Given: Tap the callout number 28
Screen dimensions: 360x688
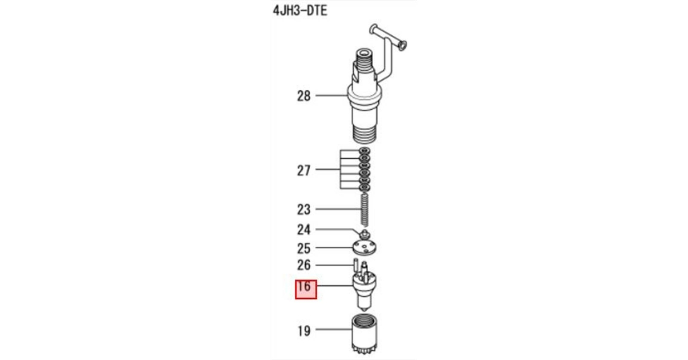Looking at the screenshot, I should (303, 96).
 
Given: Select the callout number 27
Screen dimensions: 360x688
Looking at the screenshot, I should (303, 170).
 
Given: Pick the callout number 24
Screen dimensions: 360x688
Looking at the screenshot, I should (303, 230).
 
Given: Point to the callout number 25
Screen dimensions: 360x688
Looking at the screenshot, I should (303, 249).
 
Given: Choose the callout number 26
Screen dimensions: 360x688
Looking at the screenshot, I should (303, 265).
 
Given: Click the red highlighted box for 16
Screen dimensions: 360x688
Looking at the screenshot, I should (306, 290).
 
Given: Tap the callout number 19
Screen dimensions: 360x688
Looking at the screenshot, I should (303, 330).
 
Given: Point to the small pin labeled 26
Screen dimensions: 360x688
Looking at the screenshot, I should (355, 265).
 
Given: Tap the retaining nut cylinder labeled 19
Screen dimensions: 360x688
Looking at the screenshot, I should (364, 333).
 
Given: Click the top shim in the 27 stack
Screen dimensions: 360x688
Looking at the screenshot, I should (363, 152).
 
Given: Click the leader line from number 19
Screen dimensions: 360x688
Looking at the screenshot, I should (334, 330).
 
